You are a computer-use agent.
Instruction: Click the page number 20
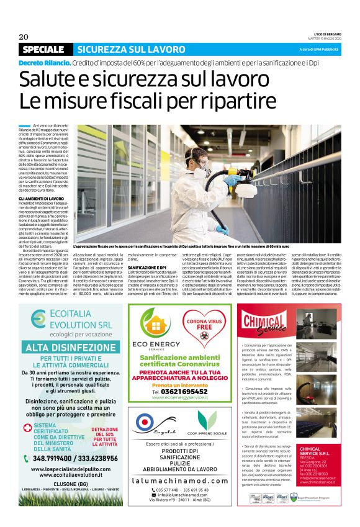tap(24, 37)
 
